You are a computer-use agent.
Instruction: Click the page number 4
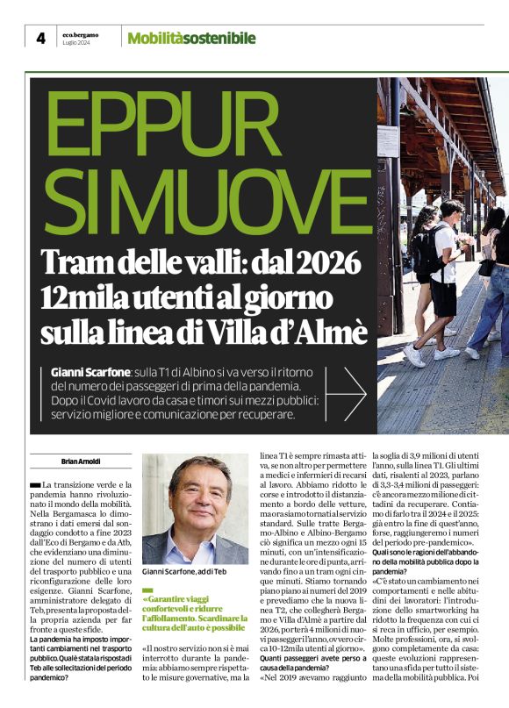[x=40, y=38]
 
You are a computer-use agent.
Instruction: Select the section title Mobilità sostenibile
[x=191, y=38]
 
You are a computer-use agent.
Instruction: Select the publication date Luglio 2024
[x=76, y=43]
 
